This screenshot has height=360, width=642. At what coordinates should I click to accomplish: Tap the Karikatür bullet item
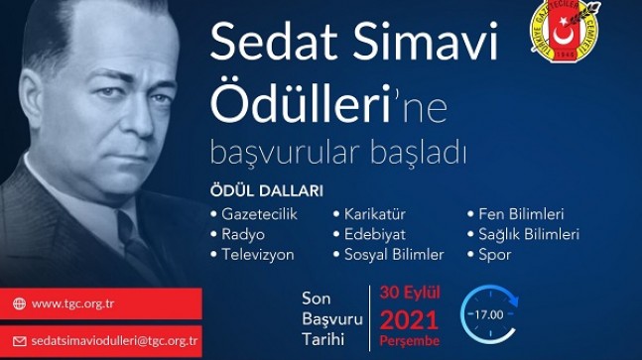click(374, 214)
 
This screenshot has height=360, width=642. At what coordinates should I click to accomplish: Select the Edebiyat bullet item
click(374, 234)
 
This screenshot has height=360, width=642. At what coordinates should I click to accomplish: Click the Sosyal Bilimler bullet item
click(394, 255)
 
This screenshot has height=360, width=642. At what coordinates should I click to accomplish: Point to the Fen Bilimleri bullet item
click(515, 214)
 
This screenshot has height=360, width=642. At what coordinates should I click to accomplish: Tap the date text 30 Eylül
click(410, 293)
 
